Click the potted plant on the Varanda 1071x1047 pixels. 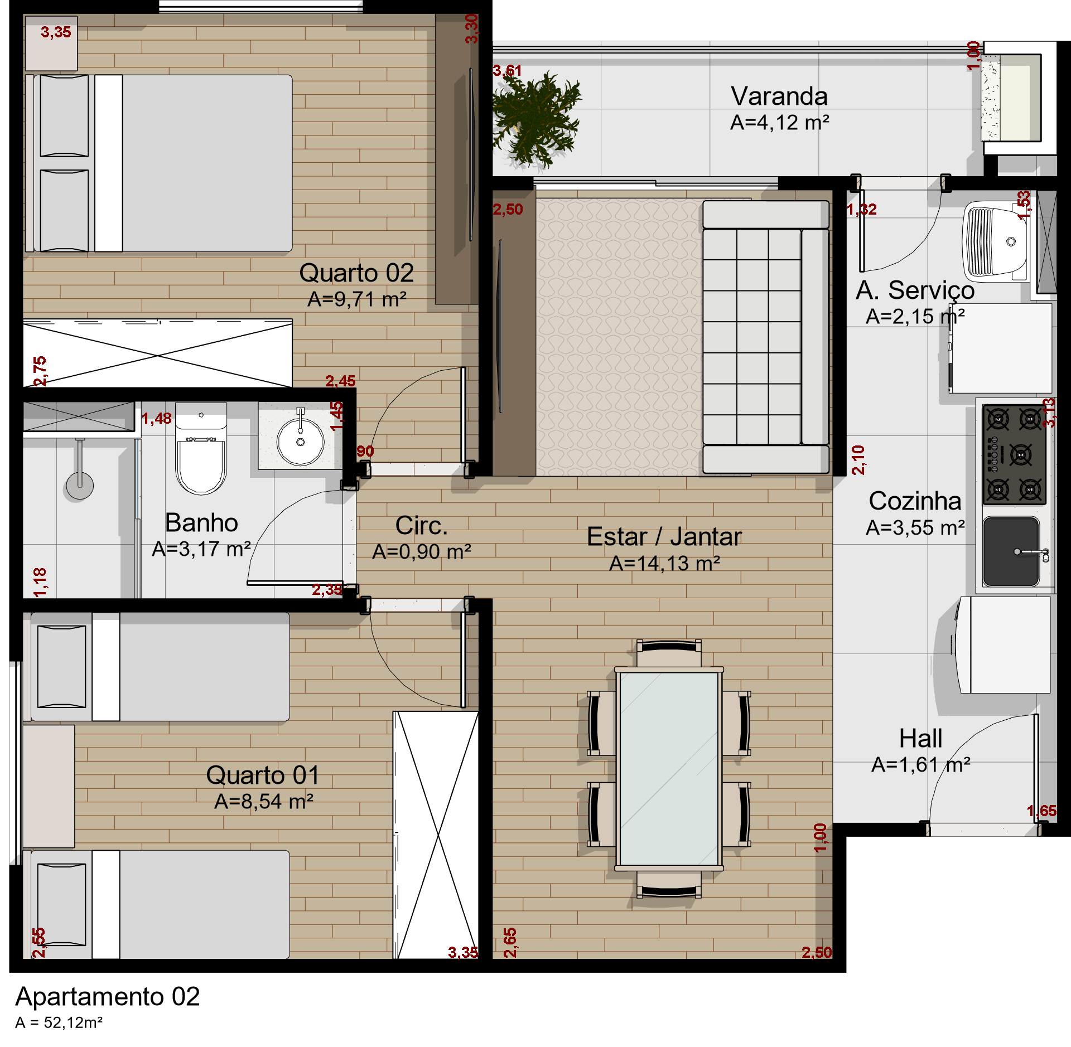[x=535, y=120]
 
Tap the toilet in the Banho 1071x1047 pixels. [x=201, y=448]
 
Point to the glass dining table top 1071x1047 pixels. [x=669, y=769]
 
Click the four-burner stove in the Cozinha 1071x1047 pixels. [x=1014, y=455]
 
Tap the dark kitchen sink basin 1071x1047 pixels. [x=1011, y=551]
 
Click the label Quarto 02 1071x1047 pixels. [x=356, y=273]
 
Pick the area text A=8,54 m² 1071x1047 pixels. [x=264, y=801]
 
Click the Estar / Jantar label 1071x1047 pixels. [x=664, y=536]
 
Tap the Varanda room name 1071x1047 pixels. [x=779, y=96]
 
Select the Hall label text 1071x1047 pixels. [x=920, y=738]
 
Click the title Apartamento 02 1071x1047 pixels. [x=108, y=996]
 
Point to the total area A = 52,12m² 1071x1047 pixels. [x=59, y=1022]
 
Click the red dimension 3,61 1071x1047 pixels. [x=507, y=71]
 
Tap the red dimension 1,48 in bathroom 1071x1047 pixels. [x=156, y=419]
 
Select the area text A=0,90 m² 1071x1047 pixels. [x=422, y=551]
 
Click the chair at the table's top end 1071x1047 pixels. [x=669, y=653]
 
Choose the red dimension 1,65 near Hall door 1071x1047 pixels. [x=1041, y=811]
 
